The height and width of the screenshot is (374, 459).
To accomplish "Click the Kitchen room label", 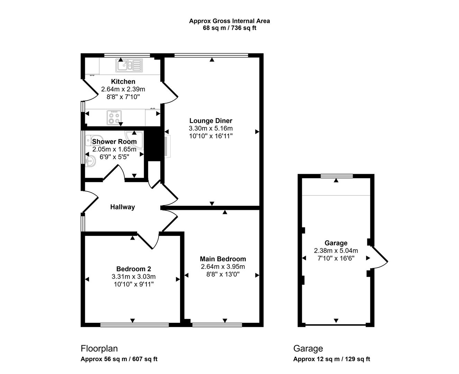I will pyautogui.click(x=123, y=82).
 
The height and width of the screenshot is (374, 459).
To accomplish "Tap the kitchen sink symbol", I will pyautogui.click(x=129, y=65).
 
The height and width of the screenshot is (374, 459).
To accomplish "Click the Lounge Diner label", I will pyautogui.click(x=210, y=121).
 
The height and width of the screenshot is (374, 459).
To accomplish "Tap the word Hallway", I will pyautogui.click(x=123, y=207).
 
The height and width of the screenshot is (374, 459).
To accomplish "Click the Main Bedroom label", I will pyautogui.click(x=223, y=259).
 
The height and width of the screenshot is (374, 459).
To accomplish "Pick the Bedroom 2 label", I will pyautogui.click(x=133, y=269).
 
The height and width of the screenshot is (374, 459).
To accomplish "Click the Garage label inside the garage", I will pyautogui.click(x=336, y=243).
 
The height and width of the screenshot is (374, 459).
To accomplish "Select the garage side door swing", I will pyautogui.click(x=379, y=258).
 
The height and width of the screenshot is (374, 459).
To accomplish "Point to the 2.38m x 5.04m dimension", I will pyautogui.click(x=336, y=251).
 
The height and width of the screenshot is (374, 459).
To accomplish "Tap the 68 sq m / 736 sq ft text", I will pyautogui.click(x=229, y=28).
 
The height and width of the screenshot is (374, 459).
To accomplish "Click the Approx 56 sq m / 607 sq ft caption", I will pyautogui.click(x=119, y=359).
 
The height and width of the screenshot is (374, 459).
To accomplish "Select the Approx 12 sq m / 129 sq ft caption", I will pyautogui.click(x=331, y=359).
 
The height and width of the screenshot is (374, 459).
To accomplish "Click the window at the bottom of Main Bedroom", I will pyautogui.click(x=217, y=325).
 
